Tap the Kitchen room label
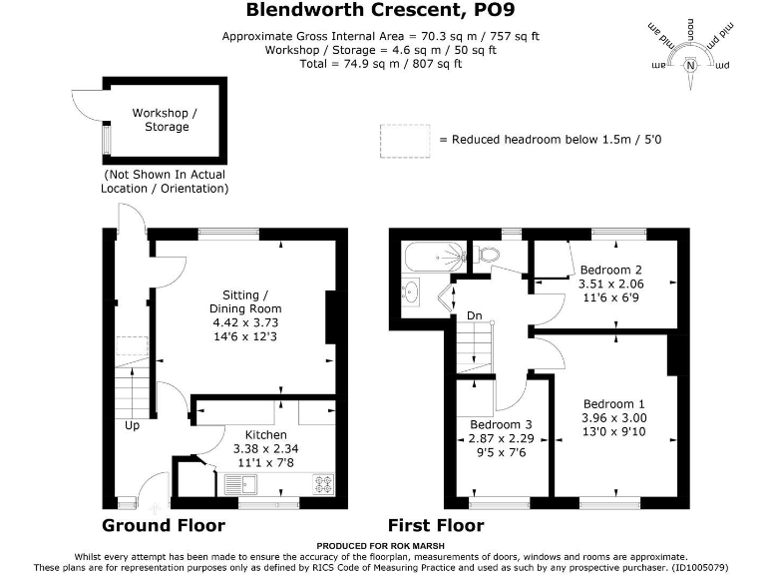coord(266,435)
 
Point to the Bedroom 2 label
coord(609,271)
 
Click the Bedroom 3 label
coord(502,423)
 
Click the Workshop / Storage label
coord(166,120)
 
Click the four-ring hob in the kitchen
coord(323,486)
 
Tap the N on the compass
coord(690,66)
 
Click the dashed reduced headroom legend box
coord(404,139)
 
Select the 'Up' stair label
coord(132,425)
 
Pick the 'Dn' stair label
coord(475,316)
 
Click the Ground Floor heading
coord(164,526)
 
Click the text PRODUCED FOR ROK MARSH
coord(382,546)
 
